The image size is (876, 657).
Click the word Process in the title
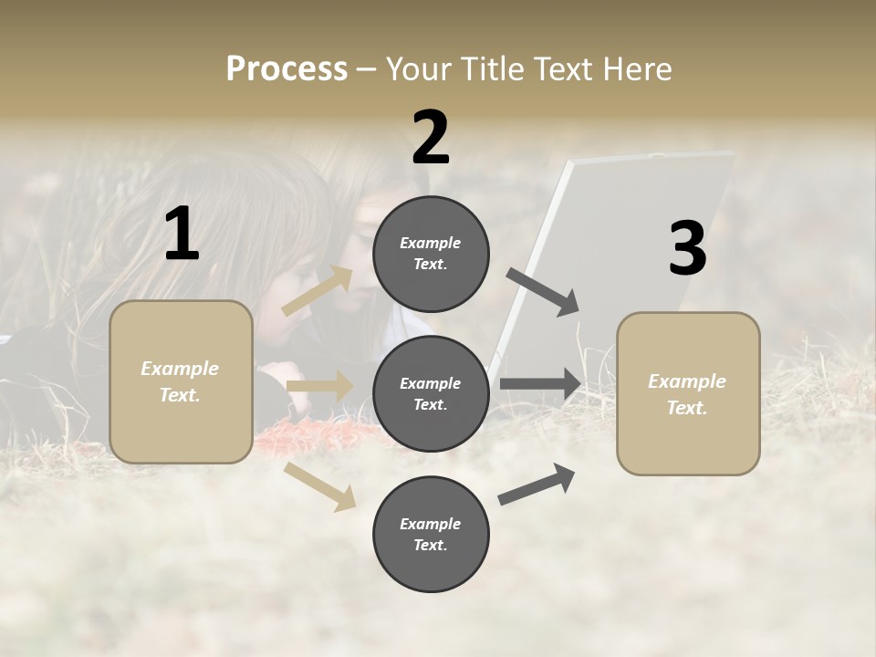287,69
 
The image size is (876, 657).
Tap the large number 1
182,235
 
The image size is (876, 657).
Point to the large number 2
431,138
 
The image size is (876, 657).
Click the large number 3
687,249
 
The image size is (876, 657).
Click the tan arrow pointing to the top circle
318,291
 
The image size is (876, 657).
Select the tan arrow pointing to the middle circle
319,387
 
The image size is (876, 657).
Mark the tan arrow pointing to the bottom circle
320,485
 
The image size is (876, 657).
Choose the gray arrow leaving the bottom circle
537,485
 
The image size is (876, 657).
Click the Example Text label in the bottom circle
431,535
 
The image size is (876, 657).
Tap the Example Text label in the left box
181,381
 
